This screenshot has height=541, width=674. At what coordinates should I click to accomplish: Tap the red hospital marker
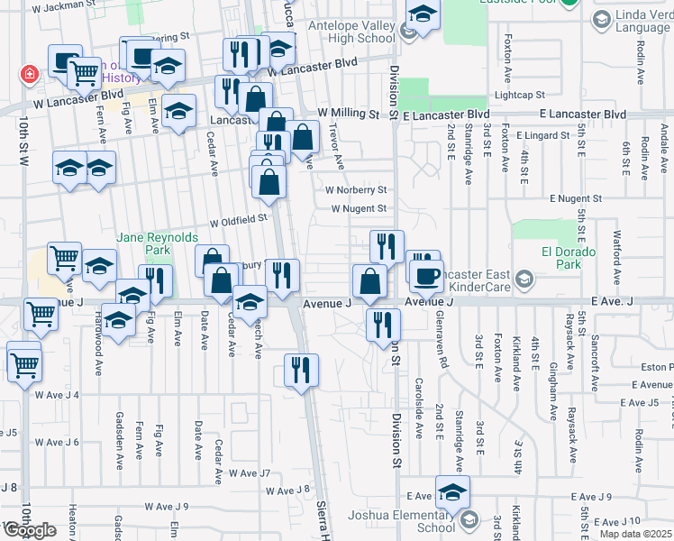[x=30, y=73]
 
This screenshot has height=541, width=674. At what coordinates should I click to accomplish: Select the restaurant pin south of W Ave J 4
[x=301, y=371]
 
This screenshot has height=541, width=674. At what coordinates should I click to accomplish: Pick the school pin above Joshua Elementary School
[x=452, y=492]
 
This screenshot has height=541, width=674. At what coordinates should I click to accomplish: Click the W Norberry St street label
[x=356, y=190]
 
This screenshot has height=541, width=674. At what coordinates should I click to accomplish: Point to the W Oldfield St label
[x=239, y=219]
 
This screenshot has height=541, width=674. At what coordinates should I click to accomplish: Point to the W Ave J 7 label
[x=249, y=472]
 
